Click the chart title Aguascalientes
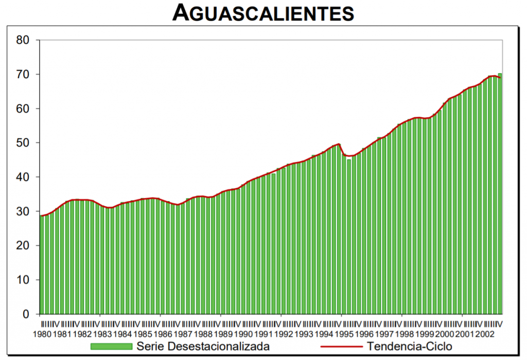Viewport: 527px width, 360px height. (263, 13)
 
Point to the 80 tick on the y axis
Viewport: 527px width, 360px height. (23, 40)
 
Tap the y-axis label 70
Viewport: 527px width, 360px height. (23, 75)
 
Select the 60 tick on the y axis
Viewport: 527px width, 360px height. (23, 109)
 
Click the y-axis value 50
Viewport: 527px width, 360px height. (23, 143)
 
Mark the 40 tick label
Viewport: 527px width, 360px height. (23, 177)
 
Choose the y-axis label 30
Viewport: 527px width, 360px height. (23, 211)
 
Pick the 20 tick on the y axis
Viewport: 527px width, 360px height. (23, 246)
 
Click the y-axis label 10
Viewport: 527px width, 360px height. (23, 280)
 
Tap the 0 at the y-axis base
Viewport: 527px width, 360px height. (26, 314)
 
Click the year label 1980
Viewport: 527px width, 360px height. (42, 334)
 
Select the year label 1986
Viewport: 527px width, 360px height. (163, 334)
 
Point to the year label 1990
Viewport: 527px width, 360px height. (243, 334)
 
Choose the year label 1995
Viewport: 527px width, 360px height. (344, 334)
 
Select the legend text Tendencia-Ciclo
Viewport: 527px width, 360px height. (410, 346)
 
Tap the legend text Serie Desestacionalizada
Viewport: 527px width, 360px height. (203, 346)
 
